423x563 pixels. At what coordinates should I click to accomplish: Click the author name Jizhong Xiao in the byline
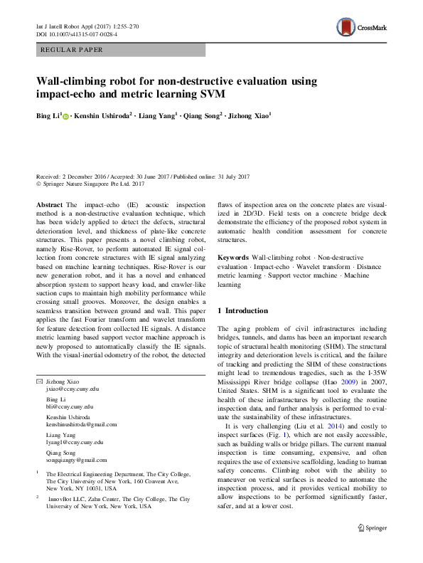[247, 115]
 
